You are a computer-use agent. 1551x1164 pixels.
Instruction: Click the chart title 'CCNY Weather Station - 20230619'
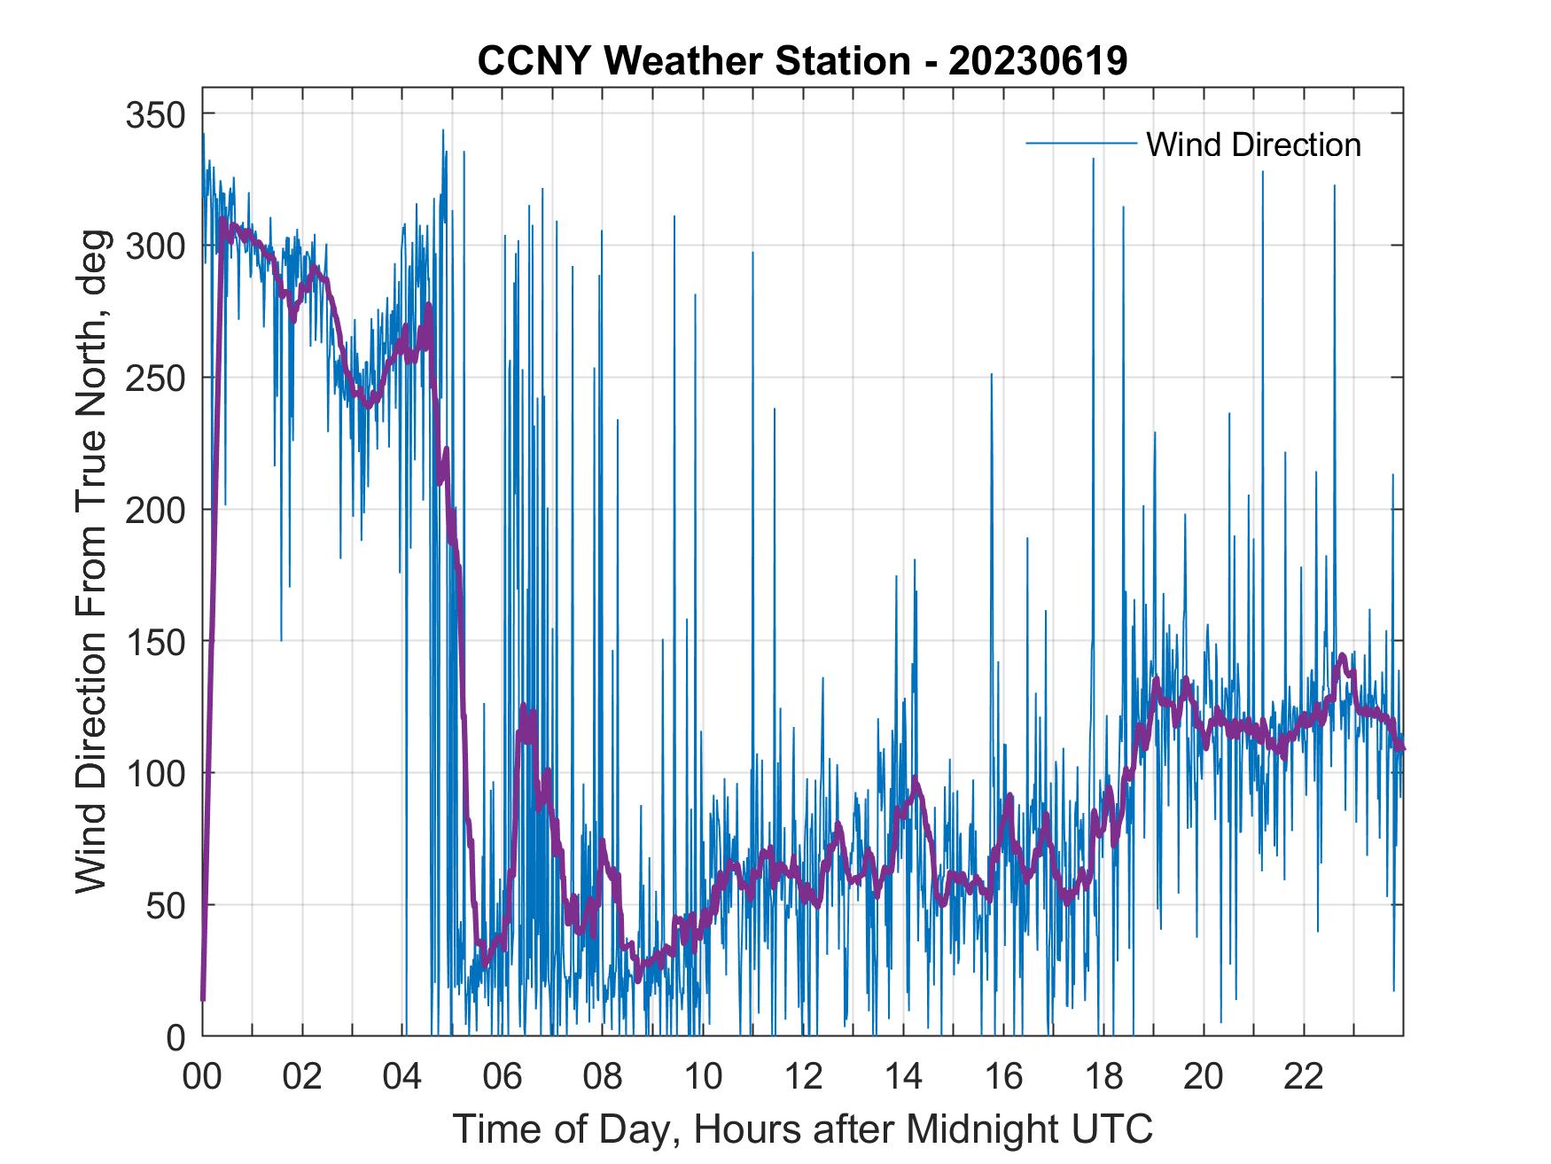(x=802, y=61)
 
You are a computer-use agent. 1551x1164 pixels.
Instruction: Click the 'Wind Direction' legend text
(x=1253, y=145)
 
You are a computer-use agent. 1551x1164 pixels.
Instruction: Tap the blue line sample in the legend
(x=1080, y=144)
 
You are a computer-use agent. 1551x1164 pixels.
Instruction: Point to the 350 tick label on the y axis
(x=156, y=114)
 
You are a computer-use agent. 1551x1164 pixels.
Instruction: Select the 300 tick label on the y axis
(x=156, y=246)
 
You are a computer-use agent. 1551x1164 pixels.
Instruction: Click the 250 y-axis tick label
(x=156, y=378)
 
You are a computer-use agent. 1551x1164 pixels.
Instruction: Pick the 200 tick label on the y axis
(x=156, y=510)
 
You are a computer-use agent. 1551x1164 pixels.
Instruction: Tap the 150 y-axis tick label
(x=156, y=641)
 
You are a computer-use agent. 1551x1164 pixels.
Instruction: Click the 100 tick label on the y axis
(x=156, y=773)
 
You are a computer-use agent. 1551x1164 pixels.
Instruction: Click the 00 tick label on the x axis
(x=202, y=1077)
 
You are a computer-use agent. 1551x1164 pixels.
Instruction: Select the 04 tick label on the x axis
(x=402, y=1077)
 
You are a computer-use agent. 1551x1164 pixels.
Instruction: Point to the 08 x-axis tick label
(x=603, y=1077)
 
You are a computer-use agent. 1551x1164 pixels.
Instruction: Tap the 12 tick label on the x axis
(x=803, y=1077)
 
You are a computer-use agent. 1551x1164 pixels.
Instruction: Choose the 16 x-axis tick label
(x=1003, y=1077)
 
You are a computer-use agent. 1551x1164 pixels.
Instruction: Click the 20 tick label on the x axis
(x=1204, y=1077)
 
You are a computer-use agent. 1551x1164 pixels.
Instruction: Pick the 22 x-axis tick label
(x=1304, y=1077)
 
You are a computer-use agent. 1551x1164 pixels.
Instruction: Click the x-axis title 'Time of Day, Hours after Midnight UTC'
(x=803, y=1130)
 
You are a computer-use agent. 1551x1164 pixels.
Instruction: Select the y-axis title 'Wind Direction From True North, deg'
(x=91, y=561)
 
